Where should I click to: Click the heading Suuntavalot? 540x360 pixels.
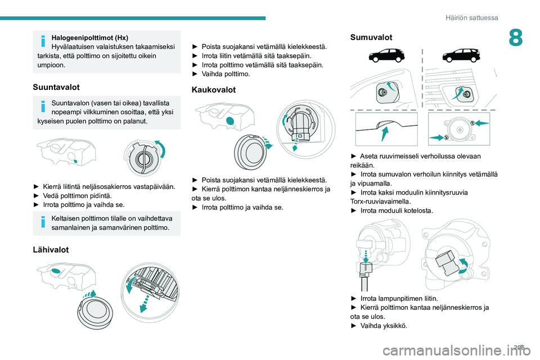57,87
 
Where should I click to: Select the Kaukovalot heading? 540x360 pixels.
214,89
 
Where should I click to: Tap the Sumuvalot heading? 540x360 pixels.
371,37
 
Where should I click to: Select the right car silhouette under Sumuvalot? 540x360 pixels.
460,56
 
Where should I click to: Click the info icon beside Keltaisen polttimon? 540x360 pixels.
43,222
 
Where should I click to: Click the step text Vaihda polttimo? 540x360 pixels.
226,74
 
